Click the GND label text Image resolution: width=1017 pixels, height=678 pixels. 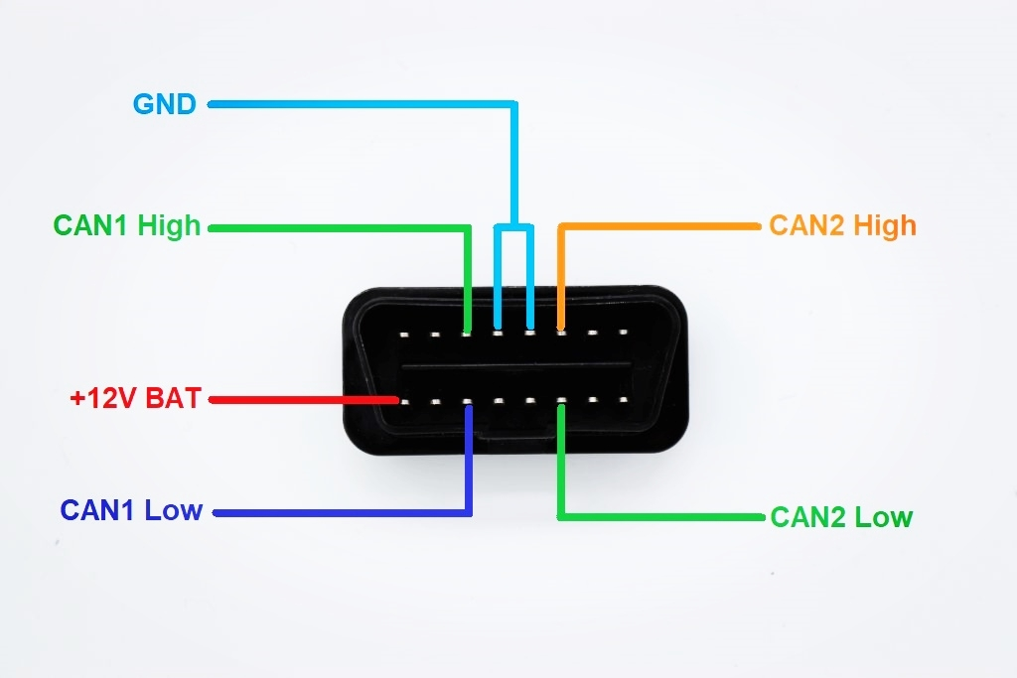pos(164,104)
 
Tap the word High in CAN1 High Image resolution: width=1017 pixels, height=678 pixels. pos(169,226)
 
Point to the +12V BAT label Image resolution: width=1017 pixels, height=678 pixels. pos(135,399)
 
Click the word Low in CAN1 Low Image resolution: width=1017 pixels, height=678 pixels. pos(174,511)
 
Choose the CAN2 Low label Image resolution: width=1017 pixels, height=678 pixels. pos(840,517)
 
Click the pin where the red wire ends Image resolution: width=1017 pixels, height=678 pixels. pos(403,402)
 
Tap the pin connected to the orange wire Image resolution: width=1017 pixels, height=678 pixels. pos(561,333)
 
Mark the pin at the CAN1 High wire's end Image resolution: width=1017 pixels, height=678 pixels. pos(467,334)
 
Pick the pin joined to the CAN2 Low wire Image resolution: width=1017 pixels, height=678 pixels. pos(561,403)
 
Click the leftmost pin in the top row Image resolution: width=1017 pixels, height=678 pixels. pos(403,335)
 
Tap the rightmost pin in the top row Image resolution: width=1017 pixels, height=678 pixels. pos(625,333)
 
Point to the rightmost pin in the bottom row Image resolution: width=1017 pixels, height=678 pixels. pos(625,402)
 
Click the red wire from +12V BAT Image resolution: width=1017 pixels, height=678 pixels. pos(298,401)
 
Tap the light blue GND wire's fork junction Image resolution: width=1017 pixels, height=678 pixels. pos(514,226)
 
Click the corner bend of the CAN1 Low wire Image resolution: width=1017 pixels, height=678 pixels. pos(469,513)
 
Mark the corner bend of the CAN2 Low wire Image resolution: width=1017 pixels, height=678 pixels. pos(561,516)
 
